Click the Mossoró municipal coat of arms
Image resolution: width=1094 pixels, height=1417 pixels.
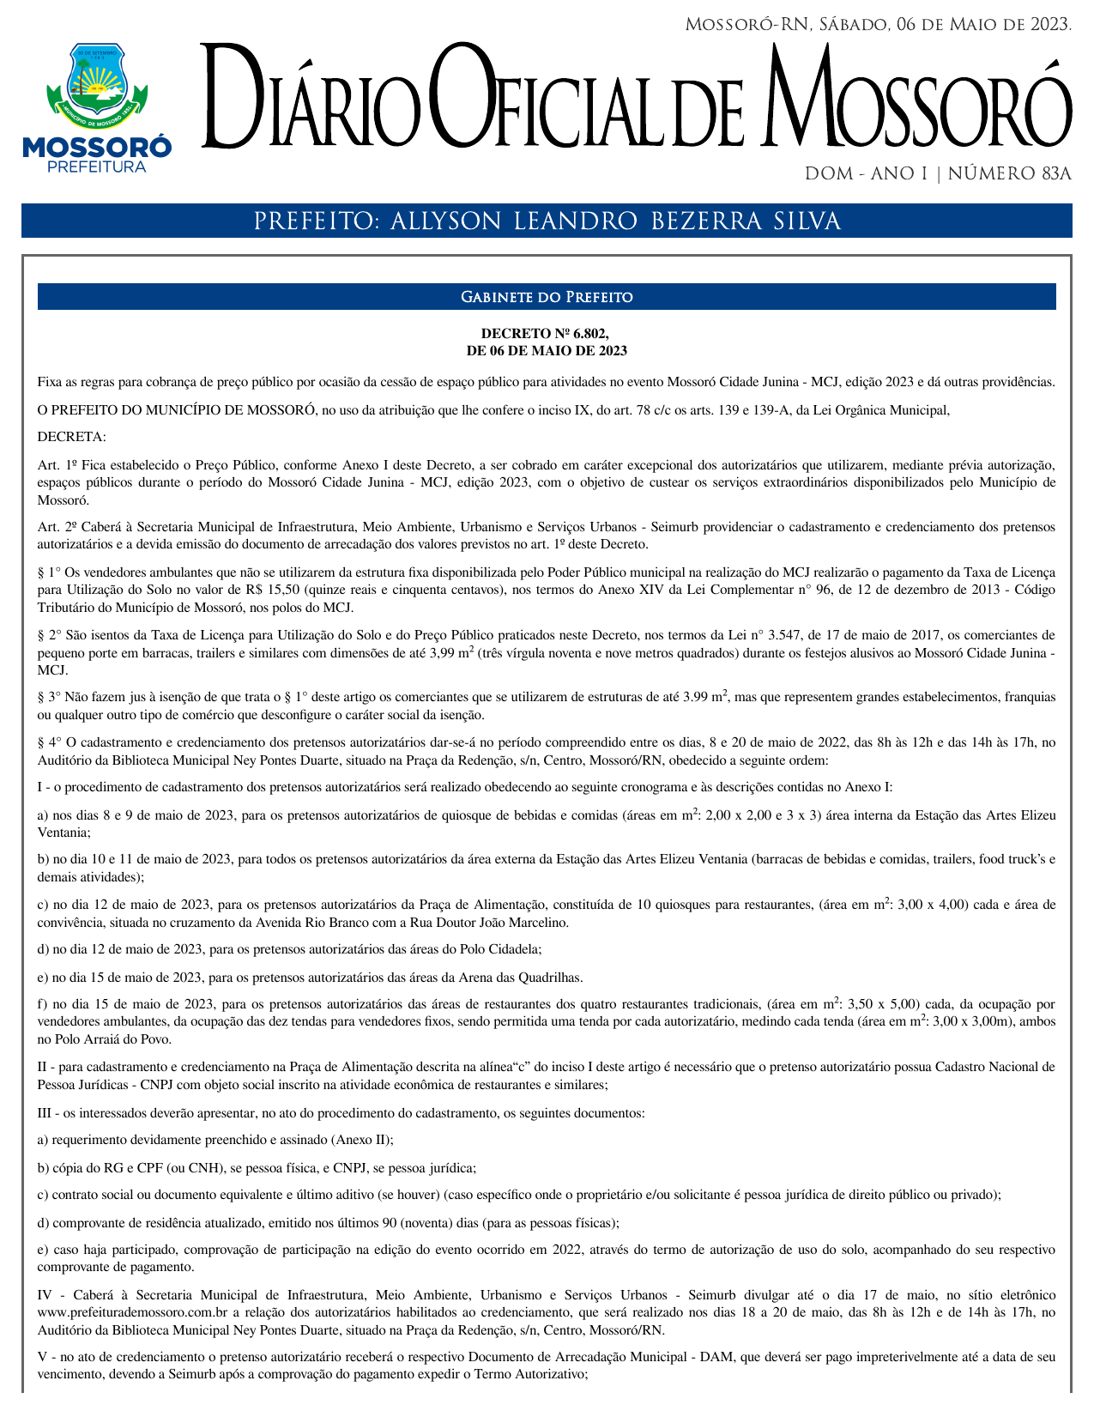(97, 84)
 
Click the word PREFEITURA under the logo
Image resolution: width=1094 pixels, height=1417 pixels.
(97, 167)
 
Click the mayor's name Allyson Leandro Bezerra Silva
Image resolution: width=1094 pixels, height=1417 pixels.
(614, 221)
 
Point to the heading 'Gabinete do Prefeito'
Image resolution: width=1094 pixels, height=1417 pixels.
(547, 297)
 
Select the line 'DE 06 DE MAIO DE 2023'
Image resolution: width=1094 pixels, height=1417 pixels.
(547, 350)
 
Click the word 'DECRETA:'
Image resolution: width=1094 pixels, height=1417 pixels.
(72, 437)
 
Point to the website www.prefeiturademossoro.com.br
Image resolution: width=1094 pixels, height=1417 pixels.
(132, 1312)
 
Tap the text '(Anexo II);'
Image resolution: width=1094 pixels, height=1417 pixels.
(362, 1140)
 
